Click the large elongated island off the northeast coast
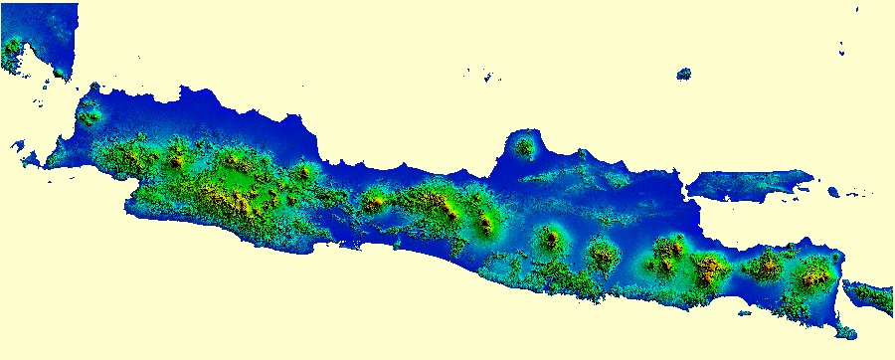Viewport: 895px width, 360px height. [x=751, y=185]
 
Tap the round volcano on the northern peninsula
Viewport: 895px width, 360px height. [x=523, y=147]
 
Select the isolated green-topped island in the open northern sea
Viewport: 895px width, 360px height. [x=684, y=74]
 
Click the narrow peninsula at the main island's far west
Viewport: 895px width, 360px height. [x=35, y=159]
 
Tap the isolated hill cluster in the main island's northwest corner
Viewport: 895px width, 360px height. [x=92, y=110]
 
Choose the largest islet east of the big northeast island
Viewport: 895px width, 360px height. [x=833, y=191]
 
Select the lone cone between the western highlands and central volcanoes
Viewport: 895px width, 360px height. [x=374, y=203]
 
